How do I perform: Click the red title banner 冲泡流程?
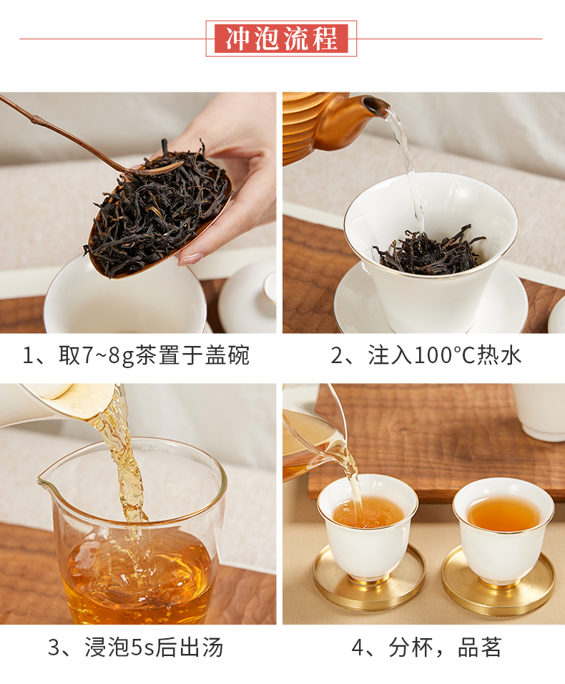click(281, 39)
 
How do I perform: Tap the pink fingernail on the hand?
click(190, 259)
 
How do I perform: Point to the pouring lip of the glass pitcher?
click(44, 480)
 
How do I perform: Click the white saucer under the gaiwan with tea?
click(431, 301)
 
